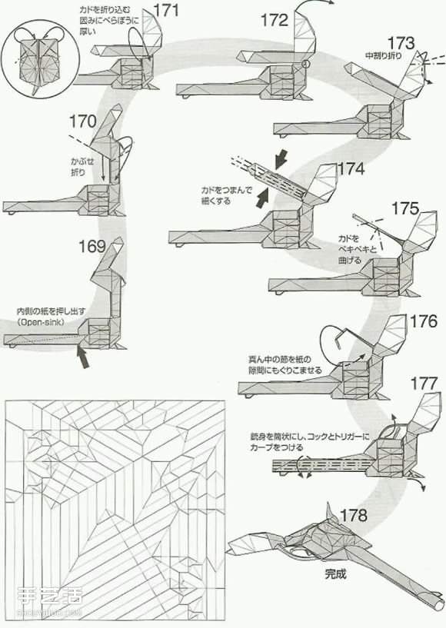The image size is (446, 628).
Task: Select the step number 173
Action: point(401,43)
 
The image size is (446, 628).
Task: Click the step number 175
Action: point(404,208)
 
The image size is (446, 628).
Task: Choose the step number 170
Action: point(82,121)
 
